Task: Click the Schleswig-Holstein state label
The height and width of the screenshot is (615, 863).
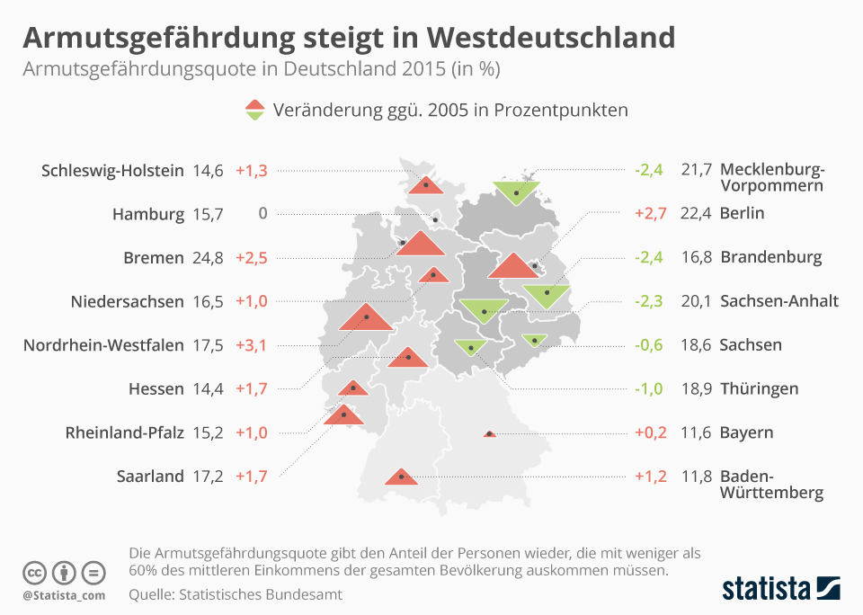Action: pos(112,170)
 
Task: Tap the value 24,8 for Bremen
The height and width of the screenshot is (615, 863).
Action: pos(208,258)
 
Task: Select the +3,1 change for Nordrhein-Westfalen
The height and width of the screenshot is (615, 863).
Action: pos(251,345)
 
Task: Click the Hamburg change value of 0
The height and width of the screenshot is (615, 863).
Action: pos(262,214)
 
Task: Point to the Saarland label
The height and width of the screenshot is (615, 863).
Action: pos(150,477)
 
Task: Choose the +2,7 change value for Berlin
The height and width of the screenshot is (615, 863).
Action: pos(650,214)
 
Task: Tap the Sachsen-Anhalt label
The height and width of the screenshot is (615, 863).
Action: pos(778,301)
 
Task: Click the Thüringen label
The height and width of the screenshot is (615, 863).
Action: pos(759,389)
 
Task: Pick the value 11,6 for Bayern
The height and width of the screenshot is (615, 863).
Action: pos(697,432)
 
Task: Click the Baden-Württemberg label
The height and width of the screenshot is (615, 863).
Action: pos(771,485)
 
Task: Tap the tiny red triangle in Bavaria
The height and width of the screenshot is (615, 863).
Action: pos(489,434)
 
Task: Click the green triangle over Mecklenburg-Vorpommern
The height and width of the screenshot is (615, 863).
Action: pos(516,191)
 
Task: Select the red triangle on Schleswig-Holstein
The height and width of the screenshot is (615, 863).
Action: pos(426,185)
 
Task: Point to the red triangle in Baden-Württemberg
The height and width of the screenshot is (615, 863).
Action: pos(400,477)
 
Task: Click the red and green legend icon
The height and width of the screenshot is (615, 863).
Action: pos(255,111)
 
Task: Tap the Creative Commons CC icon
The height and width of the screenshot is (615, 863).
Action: pos(34,573)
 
